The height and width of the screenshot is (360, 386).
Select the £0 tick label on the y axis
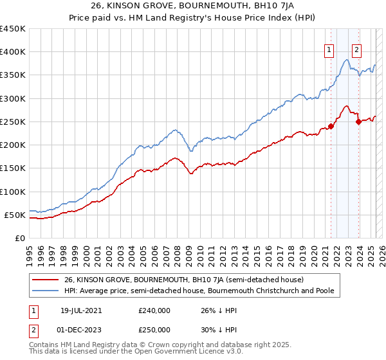[20, 238]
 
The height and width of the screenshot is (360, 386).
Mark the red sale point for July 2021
[331, 126]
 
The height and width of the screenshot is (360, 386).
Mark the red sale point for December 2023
[358, 122]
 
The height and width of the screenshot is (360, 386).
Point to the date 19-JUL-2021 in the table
[80, 309]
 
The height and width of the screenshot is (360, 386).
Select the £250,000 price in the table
[154, 330]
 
